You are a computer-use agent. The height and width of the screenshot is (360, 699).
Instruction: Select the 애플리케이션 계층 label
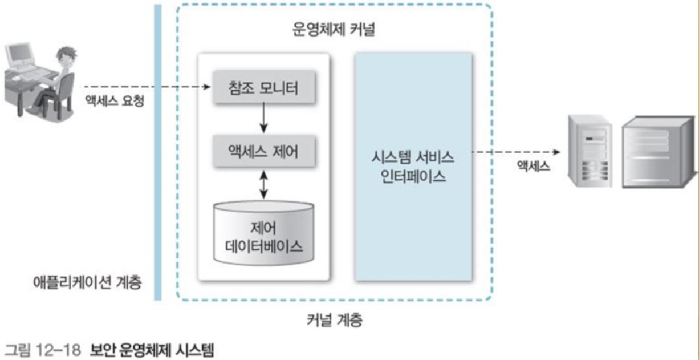[87, 282]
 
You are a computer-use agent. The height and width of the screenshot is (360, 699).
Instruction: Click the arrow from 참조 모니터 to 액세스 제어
[263, 119]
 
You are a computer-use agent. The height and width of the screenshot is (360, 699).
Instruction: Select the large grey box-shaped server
[659, 151]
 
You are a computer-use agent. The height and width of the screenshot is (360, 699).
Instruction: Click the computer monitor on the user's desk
[21, 57]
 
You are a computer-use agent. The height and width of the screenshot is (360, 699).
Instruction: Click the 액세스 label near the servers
[530, 167]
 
